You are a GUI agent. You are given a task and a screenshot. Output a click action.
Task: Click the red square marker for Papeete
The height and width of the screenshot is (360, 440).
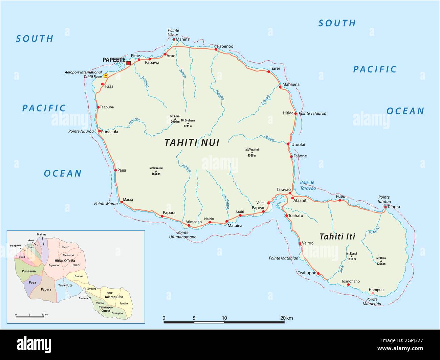(x=128, y=63)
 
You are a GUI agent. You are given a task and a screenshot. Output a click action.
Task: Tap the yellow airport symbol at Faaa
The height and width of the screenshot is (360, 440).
(x=106, y=76)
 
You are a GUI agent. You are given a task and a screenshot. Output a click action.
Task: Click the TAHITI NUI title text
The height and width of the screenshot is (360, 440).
(x=192, y=143)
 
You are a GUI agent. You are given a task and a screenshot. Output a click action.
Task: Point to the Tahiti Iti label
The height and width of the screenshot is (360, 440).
(x=337, y=237)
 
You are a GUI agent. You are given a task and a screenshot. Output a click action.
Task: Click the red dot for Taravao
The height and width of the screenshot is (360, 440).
(x=290, y=193)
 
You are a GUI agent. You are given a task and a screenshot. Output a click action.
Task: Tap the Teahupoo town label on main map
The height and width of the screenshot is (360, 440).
(x=307, y=273)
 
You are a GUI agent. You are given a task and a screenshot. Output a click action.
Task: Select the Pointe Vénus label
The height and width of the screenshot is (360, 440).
(x=173, y=32)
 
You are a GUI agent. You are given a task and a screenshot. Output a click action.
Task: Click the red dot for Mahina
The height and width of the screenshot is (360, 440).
(x=174, y=39)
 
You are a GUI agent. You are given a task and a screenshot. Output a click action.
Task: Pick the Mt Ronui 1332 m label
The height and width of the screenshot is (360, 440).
(x=351, y=256)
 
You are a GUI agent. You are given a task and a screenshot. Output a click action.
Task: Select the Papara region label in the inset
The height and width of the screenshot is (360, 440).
(x=46, y=289)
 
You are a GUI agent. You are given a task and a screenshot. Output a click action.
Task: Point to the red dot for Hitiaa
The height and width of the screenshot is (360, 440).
(x=295, y=114)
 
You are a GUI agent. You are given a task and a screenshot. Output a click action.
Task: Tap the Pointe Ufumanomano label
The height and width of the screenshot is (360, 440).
(x=182, y=234)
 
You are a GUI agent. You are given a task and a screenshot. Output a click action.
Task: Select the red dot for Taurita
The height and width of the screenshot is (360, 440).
(x=385, y=207)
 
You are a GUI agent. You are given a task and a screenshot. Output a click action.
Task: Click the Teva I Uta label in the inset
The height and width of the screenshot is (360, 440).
(x=65, y=285)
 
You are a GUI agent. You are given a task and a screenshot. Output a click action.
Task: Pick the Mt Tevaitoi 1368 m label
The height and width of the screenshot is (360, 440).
(x=252, y=152)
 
